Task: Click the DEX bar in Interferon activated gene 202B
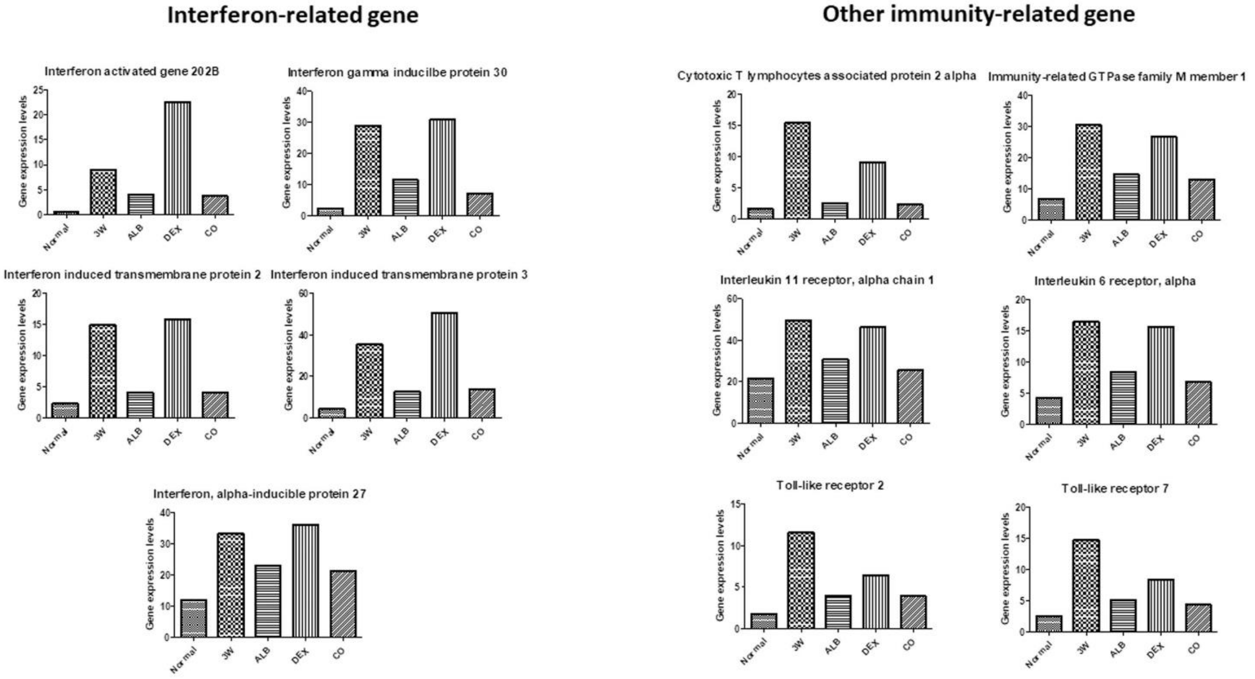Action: (177, 158)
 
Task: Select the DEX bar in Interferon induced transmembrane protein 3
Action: (444, 365)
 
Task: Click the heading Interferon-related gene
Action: (293, 15)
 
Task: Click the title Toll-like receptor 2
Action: (830, 485)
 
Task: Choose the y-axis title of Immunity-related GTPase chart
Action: (1007, 157)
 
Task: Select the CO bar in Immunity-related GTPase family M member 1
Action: (1201, 199)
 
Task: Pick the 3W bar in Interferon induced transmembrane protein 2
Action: (102, 371)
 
